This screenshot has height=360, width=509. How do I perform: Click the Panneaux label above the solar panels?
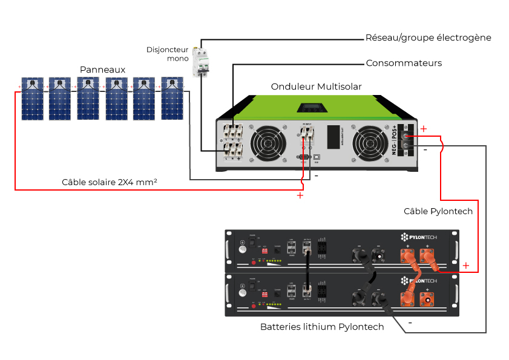[x=102, y=70]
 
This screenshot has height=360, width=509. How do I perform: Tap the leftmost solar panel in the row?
[x=31, y=98]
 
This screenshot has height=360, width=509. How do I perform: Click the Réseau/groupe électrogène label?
[x=428, y=38]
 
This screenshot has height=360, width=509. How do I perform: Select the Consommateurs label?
[x=404, y=63]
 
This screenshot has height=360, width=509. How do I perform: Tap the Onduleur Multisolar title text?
[x=316, y=87]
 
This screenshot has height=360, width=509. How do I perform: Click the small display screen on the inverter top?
[x=310, y=109]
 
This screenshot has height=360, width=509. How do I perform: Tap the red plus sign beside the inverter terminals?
[x=423, y=128]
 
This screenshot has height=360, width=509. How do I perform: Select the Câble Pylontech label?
[x=438, y=211]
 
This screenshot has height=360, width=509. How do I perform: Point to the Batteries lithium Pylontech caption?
[x=322, y=327]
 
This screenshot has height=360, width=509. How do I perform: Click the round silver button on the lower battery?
[x=242, y=292]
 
